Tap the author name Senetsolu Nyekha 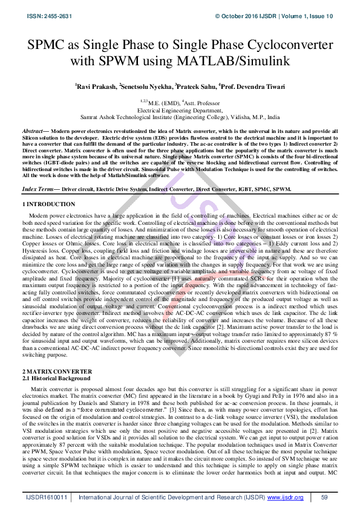(146, 86)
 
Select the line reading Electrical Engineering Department (180, 111)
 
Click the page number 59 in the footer (324, 498)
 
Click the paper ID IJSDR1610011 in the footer (45, 498)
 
